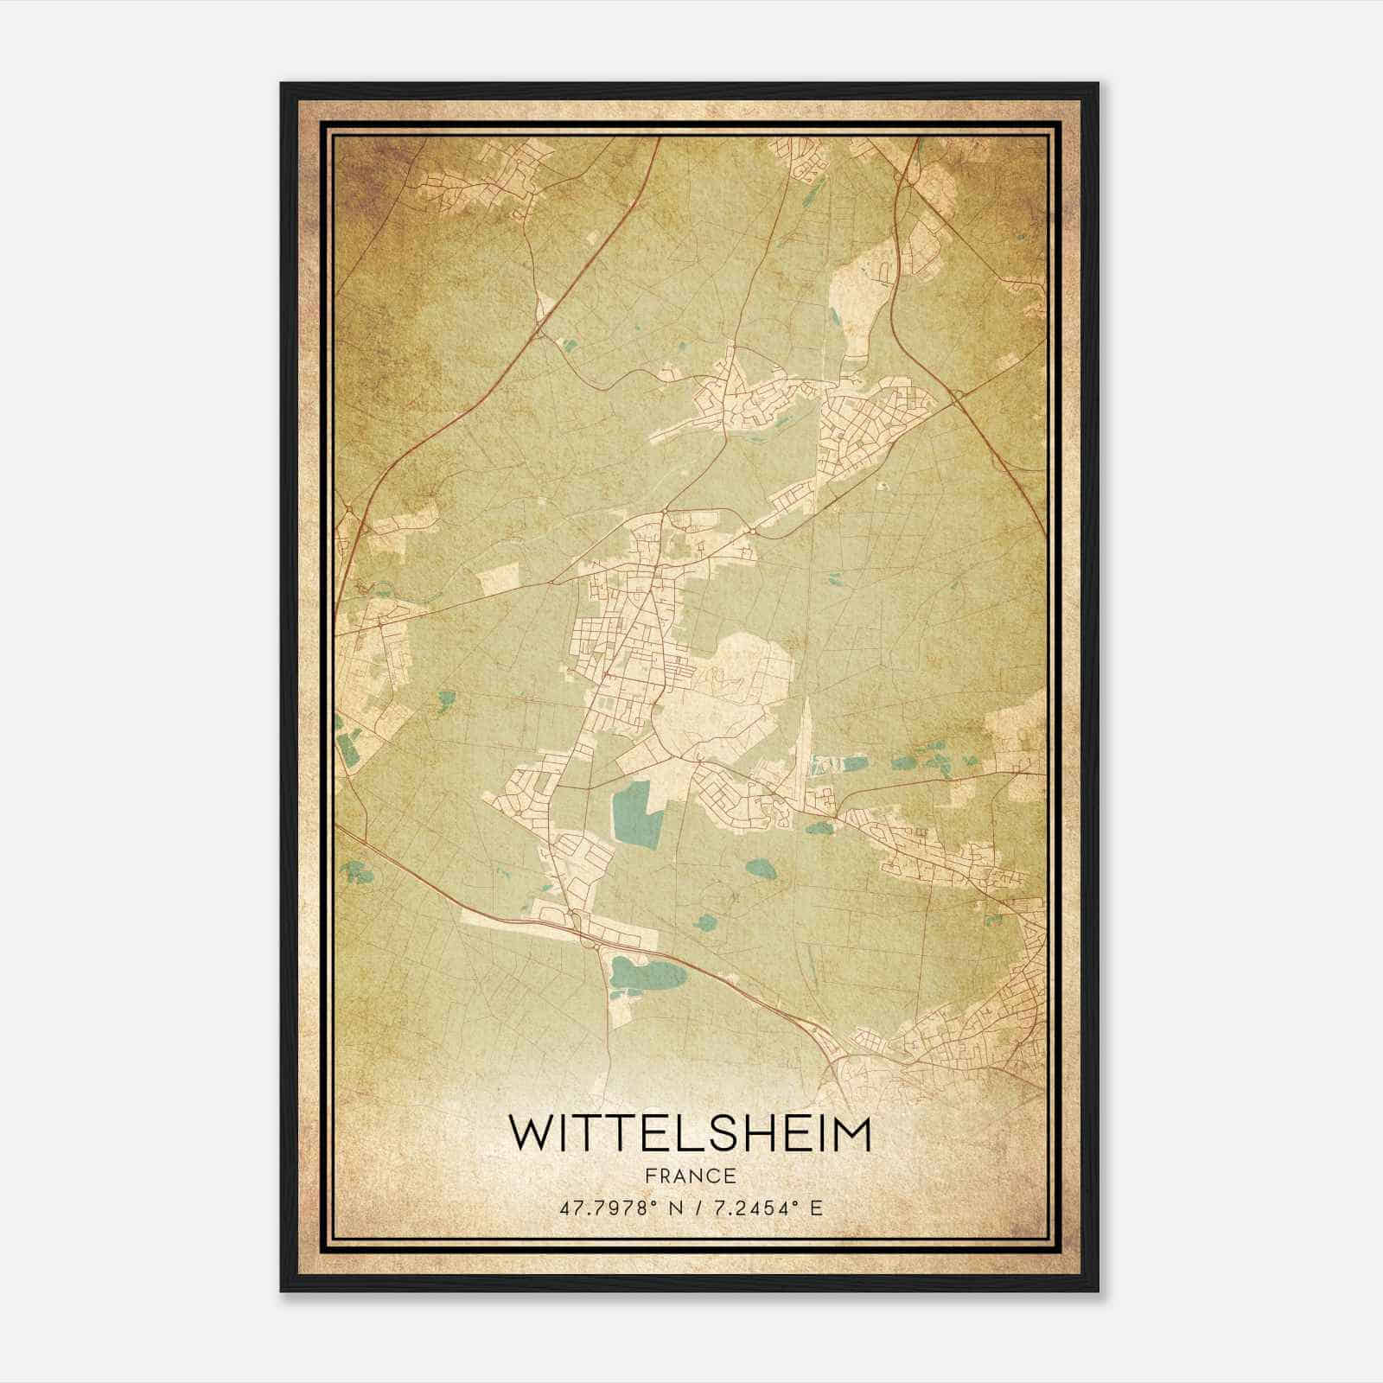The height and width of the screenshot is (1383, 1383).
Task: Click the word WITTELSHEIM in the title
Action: point(689,1133)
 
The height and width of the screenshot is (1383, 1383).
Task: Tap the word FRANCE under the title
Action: point(689,1176)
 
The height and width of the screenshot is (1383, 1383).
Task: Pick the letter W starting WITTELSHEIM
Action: point(528,1133)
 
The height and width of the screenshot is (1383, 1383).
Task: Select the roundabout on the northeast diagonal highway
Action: point(958,397)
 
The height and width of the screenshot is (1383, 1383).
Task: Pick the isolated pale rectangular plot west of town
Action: point(499,577)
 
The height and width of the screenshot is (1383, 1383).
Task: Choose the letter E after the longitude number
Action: point(815,1208)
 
